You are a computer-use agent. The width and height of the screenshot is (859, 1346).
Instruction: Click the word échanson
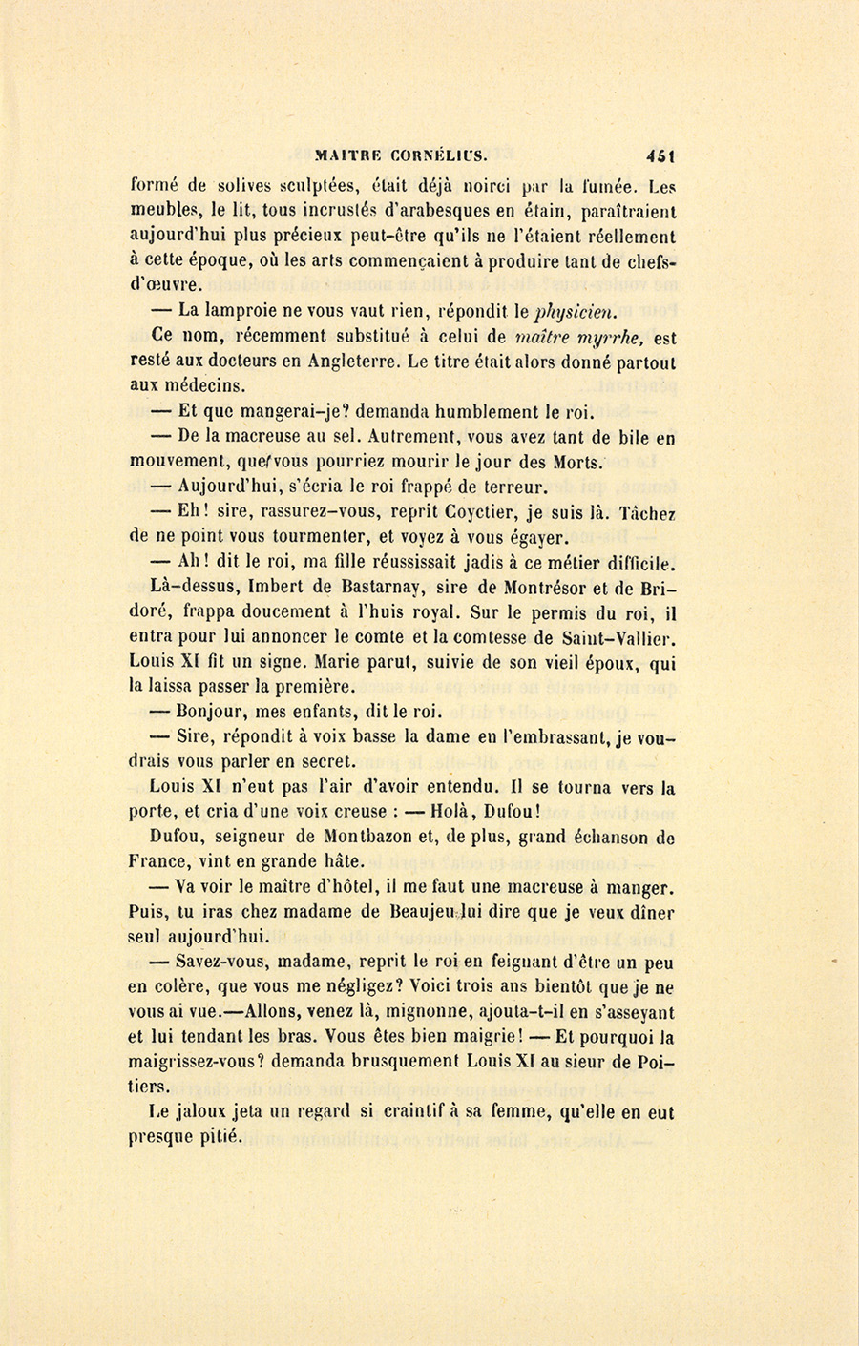(x=596, y=838)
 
